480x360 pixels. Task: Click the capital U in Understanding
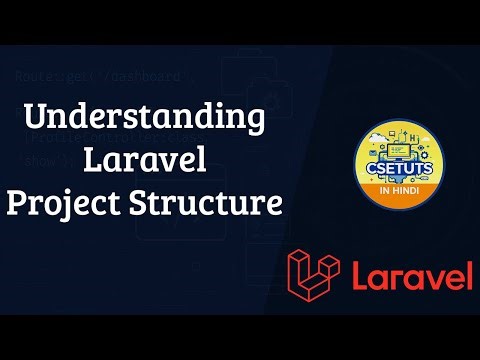[x=33, y=118]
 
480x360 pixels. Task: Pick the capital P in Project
[x=16, y=203]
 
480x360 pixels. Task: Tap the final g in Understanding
[x=255, y=122]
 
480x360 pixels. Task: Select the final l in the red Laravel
[x=469, y=273]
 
